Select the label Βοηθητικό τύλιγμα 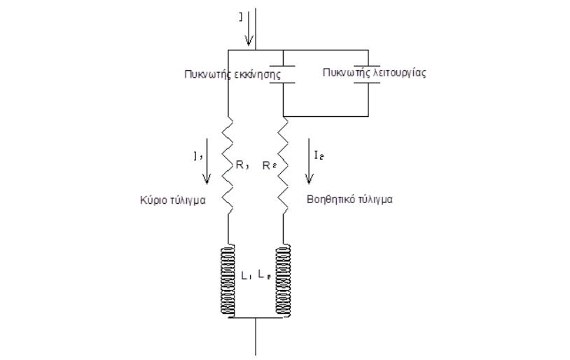click(350, 200)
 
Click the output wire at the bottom click(256, 338)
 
